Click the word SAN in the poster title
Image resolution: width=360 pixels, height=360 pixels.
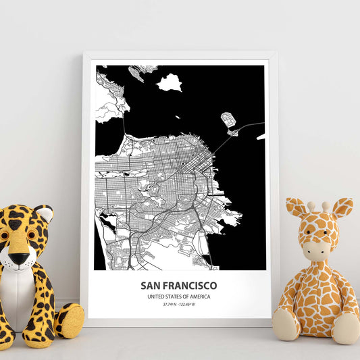(x=152, y=286)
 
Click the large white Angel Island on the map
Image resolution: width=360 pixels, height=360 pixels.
(x=169, y=82)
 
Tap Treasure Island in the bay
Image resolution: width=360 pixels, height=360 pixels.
(x=228, y=120)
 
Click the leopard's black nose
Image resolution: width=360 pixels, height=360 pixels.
(x=19, y=258)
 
